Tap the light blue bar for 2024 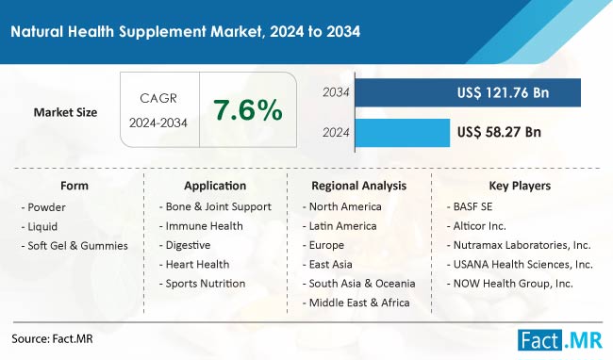[x=396, y=133]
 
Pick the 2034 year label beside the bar [x=336, y=93]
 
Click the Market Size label [x=65, y=112]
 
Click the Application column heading [x=216, y=186]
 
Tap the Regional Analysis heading [x=358, y=186]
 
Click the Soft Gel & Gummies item [x=77, y=245]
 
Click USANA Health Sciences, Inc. [x=521, y=264]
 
